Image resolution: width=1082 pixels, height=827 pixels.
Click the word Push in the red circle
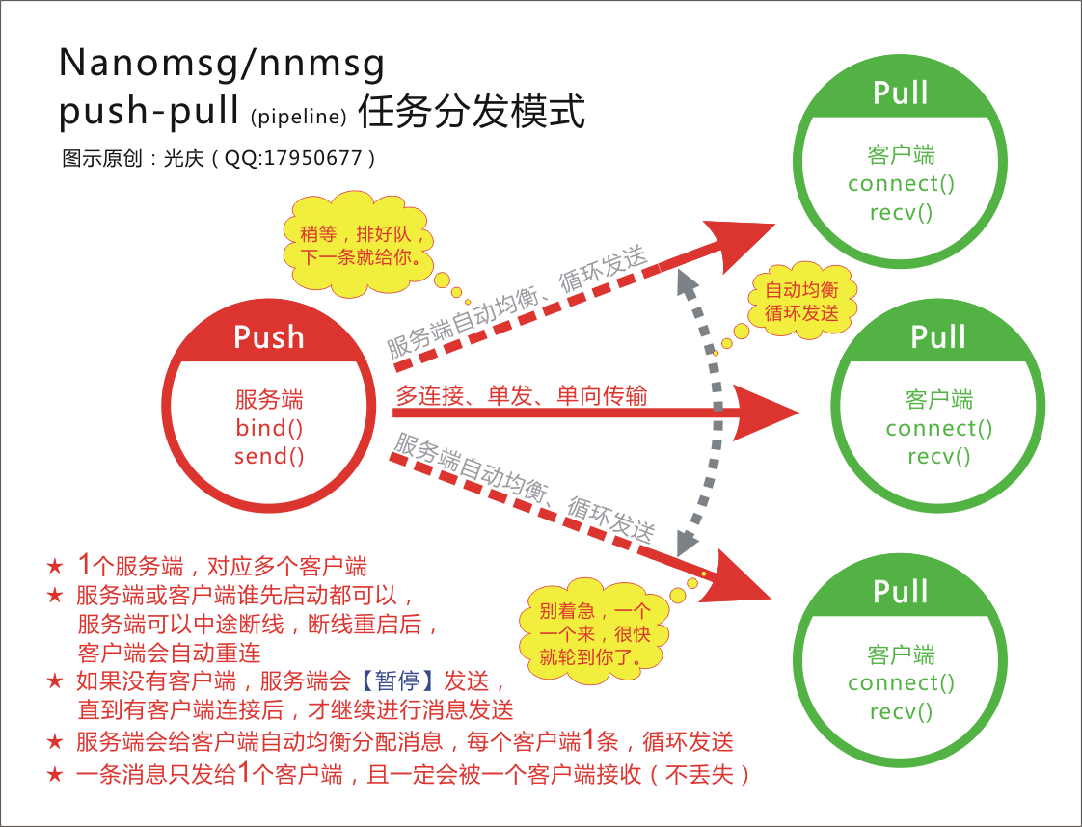click(269, 337)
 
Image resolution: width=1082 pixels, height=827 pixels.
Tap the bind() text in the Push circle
click(269, 428)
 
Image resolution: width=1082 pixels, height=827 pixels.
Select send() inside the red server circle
click(269, 456)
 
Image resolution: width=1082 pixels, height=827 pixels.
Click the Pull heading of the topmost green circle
click(901, 93)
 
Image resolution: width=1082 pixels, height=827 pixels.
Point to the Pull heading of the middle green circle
click(938, 337)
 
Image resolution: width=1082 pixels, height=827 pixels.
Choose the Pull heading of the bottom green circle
click(901, 591)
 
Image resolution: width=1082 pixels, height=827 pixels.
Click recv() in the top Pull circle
click(901, 212)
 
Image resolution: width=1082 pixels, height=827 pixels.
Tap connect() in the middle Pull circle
click(938, 428)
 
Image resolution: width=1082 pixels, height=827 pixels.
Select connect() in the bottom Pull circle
click(901, 683)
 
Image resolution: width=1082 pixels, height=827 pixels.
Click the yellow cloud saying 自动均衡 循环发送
click(801, 302)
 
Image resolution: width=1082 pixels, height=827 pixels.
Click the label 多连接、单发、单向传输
click(521, 395)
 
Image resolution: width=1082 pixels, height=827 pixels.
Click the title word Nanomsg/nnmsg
click(222, 64)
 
